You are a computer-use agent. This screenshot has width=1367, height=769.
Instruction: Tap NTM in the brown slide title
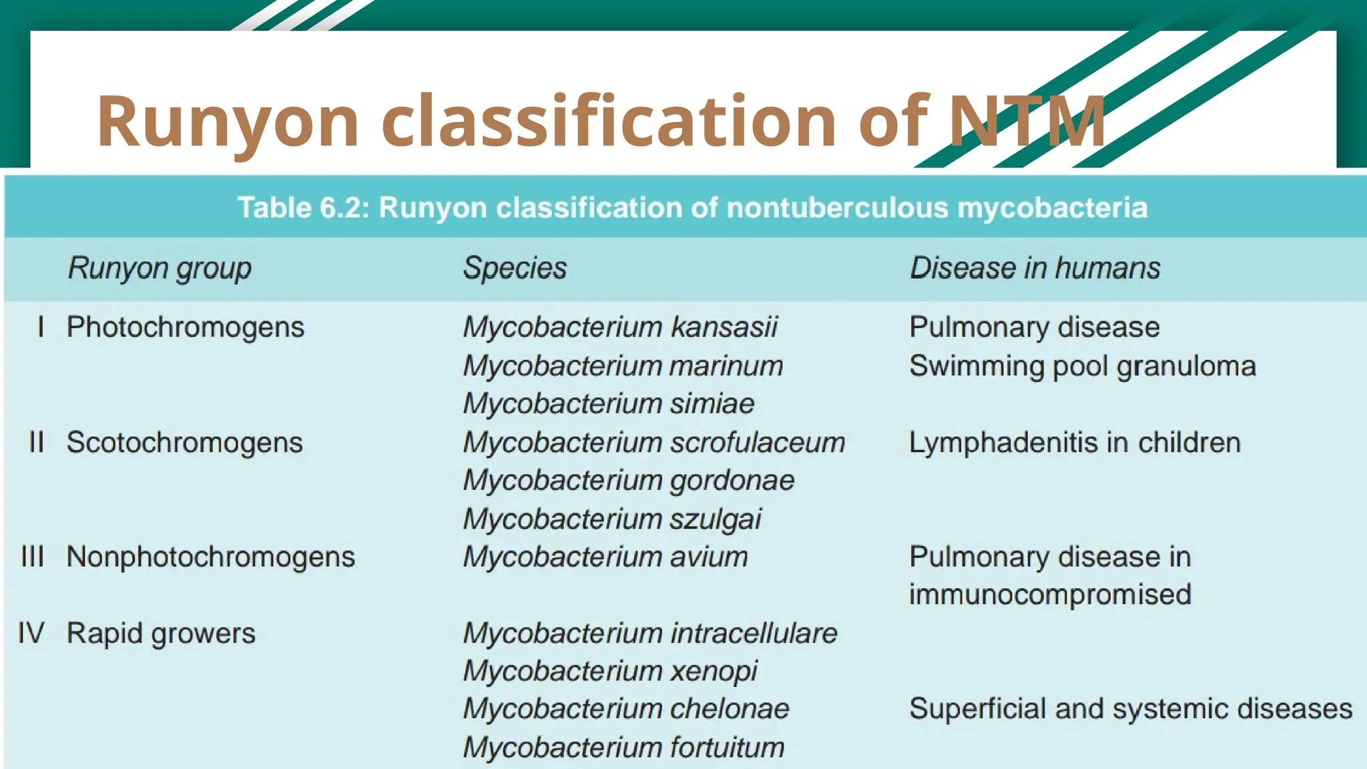point(1027,121)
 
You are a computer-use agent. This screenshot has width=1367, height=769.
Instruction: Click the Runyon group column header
point(160,268)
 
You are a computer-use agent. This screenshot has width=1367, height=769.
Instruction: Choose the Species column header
point(515,268)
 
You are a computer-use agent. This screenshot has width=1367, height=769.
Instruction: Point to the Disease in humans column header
point(1035,268)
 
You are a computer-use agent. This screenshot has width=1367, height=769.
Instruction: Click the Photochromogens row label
point(185,327)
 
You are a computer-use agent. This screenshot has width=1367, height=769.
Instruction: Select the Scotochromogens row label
point(184,443)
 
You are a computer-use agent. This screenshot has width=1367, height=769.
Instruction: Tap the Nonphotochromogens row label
point(210,557)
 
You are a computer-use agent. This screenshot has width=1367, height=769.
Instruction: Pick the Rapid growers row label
point(161,633)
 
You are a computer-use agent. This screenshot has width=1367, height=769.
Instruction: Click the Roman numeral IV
point(31,633)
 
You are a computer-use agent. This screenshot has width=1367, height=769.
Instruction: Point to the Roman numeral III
point(32,557)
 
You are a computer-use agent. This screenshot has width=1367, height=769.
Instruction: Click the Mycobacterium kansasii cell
point(620,327)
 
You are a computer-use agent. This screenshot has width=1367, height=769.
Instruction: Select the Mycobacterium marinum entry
point(623,366)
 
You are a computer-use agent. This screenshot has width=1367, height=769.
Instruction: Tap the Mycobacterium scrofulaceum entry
point(654,443)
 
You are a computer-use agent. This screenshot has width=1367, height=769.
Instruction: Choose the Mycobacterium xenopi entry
point(610,671)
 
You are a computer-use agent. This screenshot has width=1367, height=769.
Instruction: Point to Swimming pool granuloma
point(1082,366)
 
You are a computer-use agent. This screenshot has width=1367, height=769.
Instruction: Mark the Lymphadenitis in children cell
point(1075,443)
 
